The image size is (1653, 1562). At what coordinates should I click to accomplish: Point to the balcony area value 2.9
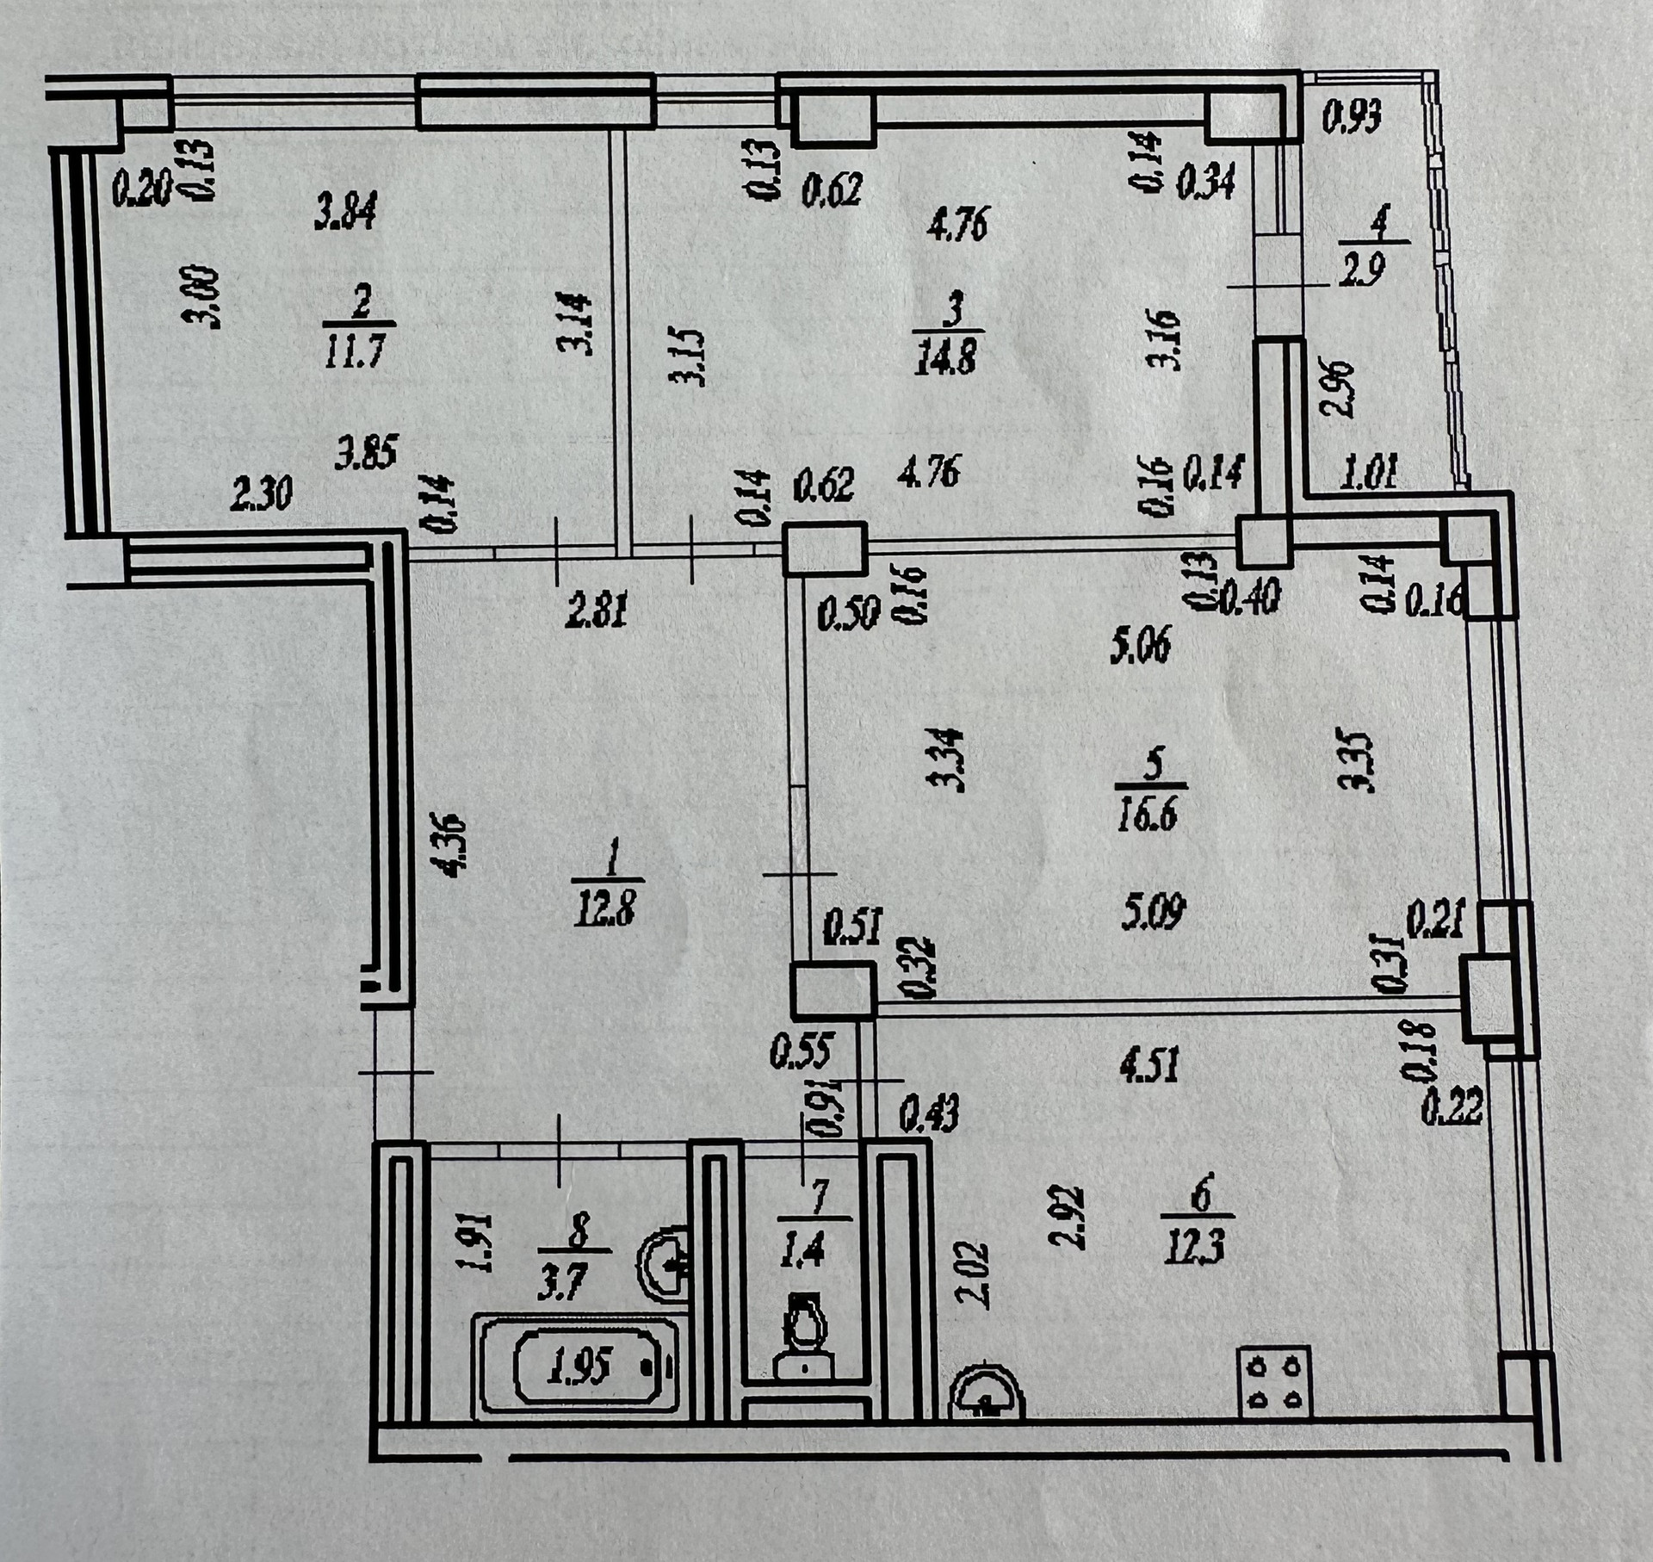pos(1365,270)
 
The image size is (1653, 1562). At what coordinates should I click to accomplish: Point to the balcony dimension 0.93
pos(1352,115)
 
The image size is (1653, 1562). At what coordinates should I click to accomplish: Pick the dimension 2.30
pos(262,493)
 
